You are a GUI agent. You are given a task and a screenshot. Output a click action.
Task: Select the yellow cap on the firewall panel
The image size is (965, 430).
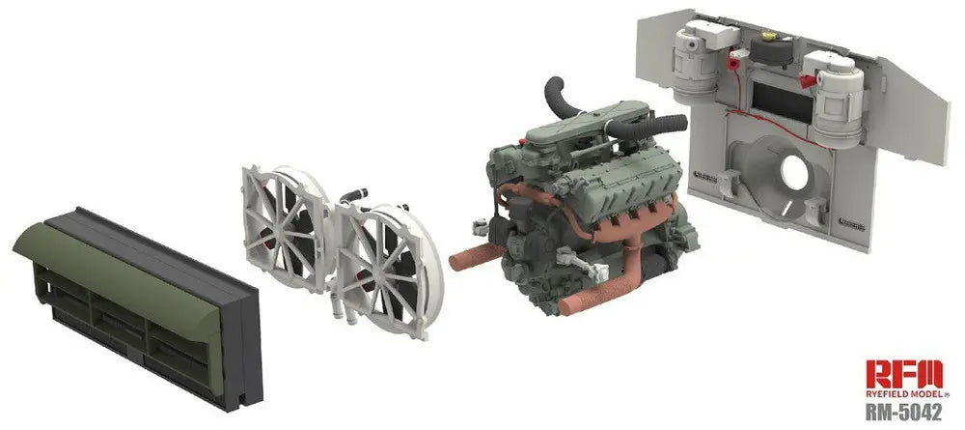(x=769, y=36)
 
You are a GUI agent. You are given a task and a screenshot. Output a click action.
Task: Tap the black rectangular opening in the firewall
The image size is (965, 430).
(x=783, y=101)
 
